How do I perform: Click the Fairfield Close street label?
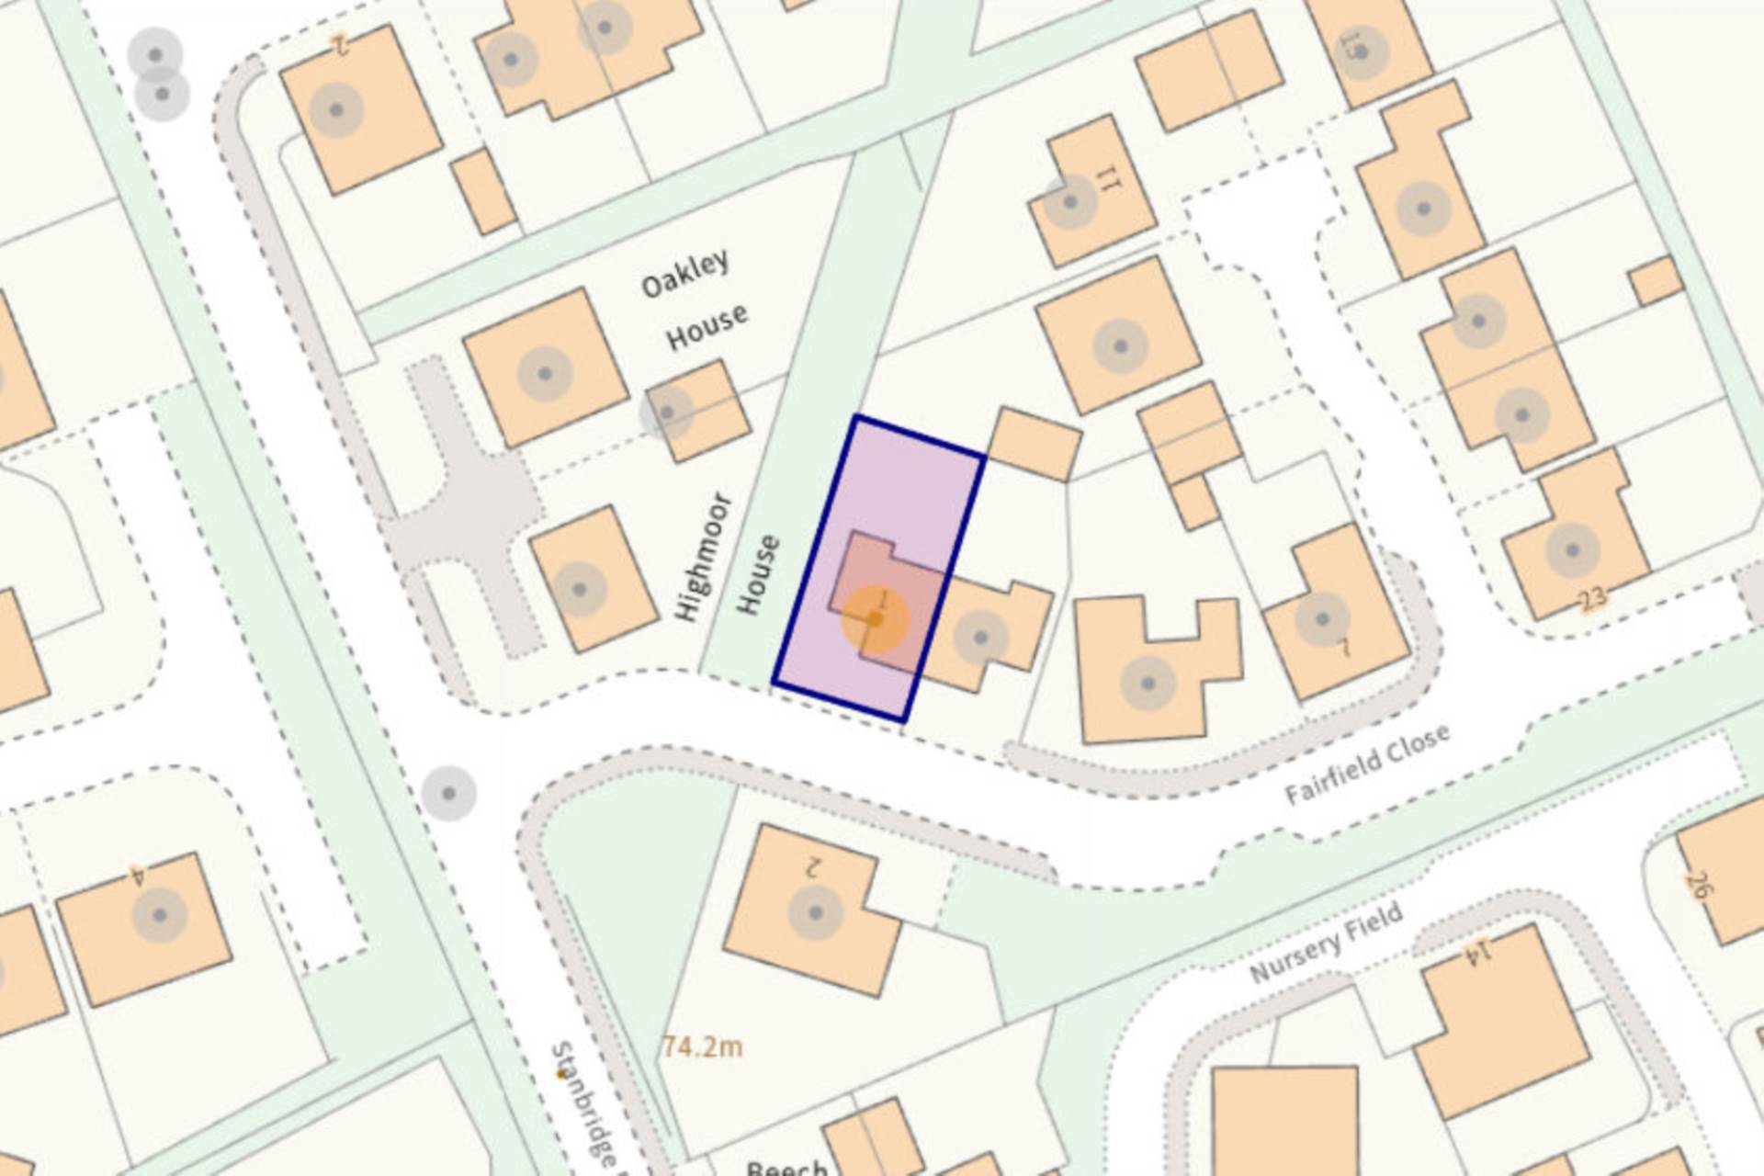coord(1366,764)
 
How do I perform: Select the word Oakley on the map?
coord(685,273)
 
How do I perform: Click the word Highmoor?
coord(703,557)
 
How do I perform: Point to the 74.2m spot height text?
coord(702,1046)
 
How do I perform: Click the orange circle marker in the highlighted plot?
coord(875,620)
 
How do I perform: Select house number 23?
coord(1592,599)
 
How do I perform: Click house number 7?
coord(1343,648)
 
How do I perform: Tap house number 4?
coord(138,875)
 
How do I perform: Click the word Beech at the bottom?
coord(786,1168)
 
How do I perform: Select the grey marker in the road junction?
coord(448,792)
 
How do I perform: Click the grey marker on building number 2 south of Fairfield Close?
coord(815,914)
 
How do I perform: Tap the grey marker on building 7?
coord(1322,619)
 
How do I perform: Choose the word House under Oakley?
coord(707,327)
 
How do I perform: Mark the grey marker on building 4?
coord(160,915)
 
